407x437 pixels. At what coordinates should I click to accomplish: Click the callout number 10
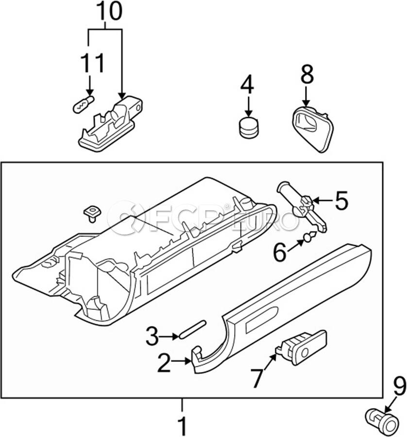click(x=109, y=11)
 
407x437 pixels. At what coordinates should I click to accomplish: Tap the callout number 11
click(x=92, y=63)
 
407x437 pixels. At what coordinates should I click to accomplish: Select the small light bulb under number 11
click(x=84, y=104)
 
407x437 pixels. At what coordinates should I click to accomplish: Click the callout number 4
click(x=247, y=84)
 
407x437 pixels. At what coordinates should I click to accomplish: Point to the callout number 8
click(x=307, y=74)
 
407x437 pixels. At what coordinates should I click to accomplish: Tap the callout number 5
click(x=342, y=201)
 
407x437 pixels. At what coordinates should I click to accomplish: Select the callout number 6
click(x=280, y=252)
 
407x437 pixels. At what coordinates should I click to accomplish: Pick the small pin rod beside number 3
click(x=193, y=329)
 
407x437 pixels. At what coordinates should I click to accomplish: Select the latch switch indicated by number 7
click(x=301, y=347)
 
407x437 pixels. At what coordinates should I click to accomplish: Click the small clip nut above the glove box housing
click(x=92, y=214)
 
